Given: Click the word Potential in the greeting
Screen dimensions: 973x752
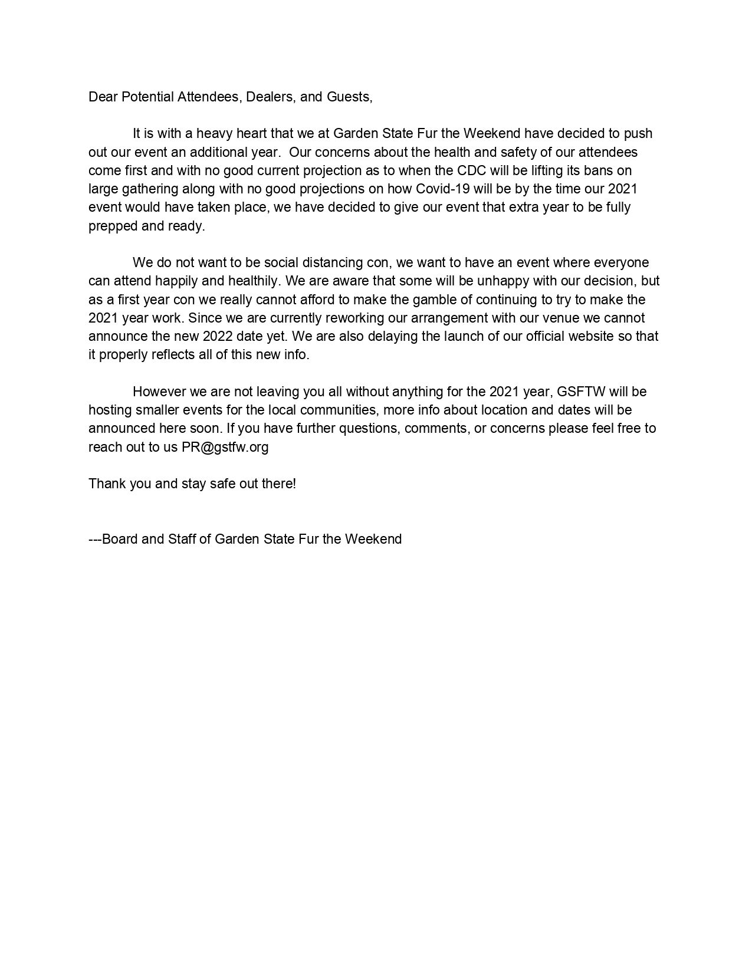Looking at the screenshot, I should click(147, 97).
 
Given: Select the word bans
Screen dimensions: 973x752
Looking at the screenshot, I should click(590, 170).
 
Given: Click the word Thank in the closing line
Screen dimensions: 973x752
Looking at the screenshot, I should click(106, 484).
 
